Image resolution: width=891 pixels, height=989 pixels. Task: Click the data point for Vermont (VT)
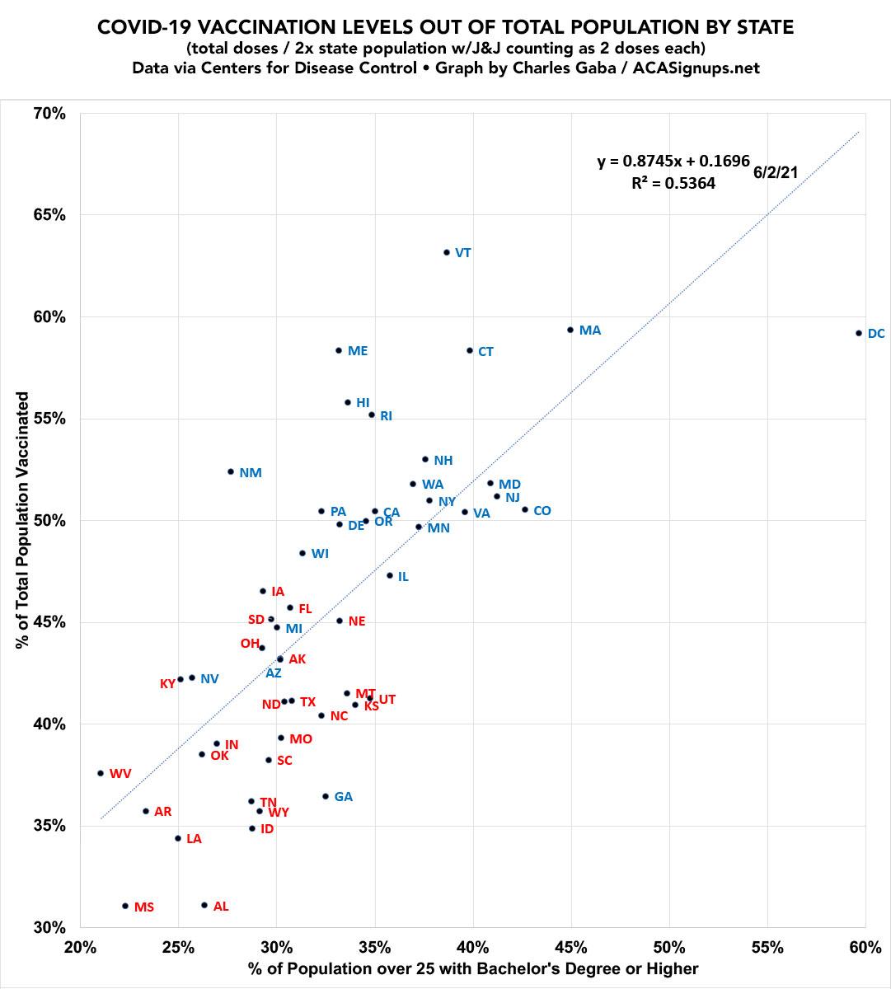447,252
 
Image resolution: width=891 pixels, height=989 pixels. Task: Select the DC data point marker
859,333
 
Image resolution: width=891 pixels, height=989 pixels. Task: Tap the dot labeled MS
125,906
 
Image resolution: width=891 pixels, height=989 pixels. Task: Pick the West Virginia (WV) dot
101,773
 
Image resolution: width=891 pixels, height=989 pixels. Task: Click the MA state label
590,330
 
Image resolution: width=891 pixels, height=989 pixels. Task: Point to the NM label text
251,473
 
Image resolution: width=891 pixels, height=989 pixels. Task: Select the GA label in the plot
344,797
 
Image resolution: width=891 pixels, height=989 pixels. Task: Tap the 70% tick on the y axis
49,113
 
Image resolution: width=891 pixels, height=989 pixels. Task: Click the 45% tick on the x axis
570,947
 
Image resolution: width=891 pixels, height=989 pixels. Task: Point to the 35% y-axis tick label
49,826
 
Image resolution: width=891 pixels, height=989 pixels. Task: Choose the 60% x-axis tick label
865,947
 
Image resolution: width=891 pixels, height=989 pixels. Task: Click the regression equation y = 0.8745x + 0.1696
673,162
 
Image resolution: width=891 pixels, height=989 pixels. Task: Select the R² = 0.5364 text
673,184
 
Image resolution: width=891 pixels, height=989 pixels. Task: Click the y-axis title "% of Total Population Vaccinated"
23,520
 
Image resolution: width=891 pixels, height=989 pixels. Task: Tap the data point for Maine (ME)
338,350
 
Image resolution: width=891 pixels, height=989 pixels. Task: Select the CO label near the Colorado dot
542,511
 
